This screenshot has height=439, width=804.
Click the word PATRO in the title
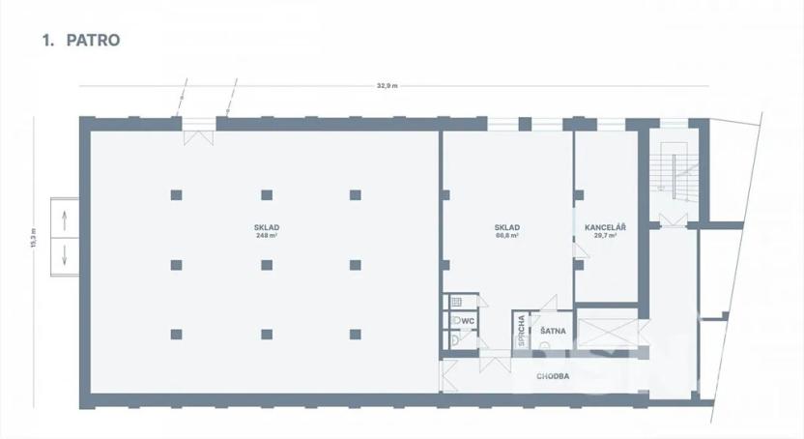(x=92, y=41)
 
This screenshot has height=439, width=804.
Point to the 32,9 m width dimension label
(x=387, y=86)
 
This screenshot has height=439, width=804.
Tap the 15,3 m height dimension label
(x=33, y=238)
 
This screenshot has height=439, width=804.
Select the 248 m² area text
(x=267, y=236)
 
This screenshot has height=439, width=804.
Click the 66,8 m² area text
(x=507, y=236)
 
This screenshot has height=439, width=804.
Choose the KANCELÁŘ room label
(x=606, y=227)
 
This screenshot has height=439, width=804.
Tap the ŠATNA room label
(x=553, y=332)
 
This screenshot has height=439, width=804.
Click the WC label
(x=468, y=321)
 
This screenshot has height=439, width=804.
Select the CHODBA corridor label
(x=553, y=375)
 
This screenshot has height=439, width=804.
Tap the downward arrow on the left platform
(x=65, y=256)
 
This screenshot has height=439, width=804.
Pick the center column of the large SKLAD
(x=266, y=264)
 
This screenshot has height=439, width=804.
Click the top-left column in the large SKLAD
(x=176, y=194)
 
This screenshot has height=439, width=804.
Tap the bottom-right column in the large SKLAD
(x=355, y=335)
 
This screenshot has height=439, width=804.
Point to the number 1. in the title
(x=46, y=41)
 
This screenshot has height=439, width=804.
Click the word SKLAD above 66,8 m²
(x=508, y=227)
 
